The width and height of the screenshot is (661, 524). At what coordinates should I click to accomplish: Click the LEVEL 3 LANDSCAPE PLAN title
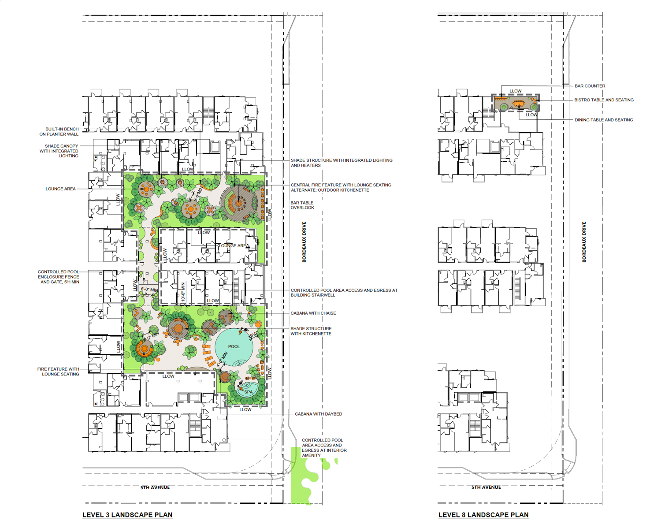click(127, 515)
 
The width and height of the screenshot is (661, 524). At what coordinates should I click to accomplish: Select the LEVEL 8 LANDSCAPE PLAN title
click(483, 515)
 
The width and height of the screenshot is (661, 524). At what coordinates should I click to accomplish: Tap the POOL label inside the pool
click(234, 346)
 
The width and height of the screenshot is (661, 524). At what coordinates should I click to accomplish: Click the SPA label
click(249, 392)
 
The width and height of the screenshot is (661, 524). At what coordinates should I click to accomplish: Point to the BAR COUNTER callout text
click(590, 86)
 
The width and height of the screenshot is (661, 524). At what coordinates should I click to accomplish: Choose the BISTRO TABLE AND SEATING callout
click(604, 100)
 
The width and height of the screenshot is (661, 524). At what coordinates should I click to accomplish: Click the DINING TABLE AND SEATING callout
click(604, 120)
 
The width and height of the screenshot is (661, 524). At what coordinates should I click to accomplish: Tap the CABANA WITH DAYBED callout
click(318, 414)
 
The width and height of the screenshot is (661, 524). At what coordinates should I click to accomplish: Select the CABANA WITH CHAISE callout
click(313, 313)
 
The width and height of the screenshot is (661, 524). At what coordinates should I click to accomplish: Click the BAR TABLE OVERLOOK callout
click(302, 205)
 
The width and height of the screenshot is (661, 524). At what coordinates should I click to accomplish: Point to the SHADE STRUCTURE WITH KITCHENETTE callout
click(311, 331)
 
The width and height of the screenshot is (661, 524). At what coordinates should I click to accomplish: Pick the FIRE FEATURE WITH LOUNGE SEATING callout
click(58, 372)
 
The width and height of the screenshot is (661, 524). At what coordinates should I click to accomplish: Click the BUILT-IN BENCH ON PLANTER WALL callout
click(59, 132)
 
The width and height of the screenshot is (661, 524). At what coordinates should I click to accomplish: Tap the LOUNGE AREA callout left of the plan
click(60, 189)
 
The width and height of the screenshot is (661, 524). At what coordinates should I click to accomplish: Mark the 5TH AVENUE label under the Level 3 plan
click(155, 487)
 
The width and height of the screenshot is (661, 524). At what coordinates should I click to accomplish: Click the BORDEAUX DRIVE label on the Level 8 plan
click(584, 242)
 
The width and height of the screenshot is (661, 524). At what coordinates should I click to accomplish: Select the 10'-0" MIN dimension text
click(183, 292)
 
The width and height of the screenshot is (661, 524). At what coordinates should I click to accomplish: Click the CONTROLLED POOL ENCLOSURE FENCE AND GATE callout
click(59, 277)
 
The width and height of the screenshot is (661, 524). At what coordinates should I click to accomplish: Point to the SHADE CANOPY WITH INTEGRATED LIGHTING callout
click(59, 151)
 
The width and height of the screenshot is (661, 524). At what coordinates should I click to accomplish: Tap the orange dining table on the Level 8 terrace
click(519, 104)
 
